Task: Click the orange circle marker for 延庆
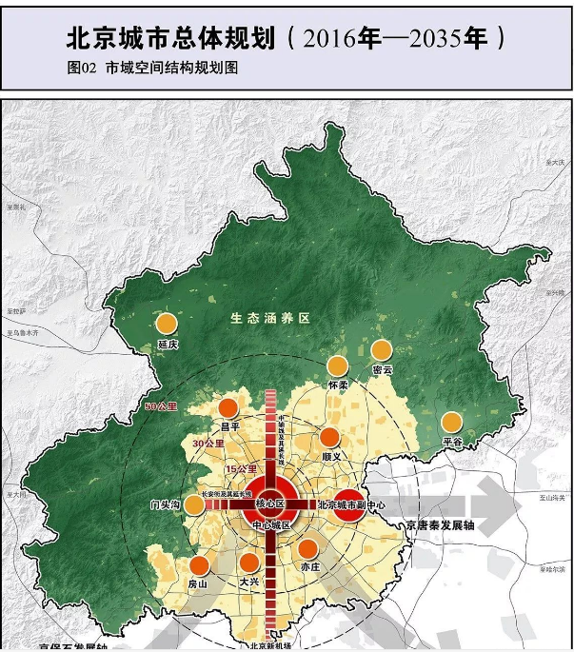[x=168, y=324]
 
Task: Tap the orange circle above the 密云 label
[x=382, y=350]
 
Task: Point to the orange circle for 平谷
[x=451, y=422]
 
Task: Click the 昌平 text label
[x=229, y=427]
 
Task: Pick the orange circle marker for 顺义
[x=329, y=438]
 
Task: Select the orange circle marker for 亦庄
[x=308, y=548]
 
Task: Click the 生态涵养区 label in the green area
[x=270, y=318]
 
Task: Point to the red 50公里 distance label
[x=161, y=407]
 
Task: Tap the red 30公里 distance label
[x=207, y=444]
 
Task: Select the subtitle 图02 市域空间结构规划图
[x=152, y=69]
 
